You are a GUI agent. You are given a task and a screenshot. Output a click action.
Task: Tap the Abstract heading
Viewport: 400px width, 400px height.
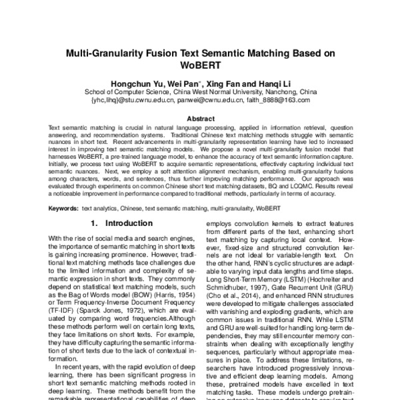(199, 119)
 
